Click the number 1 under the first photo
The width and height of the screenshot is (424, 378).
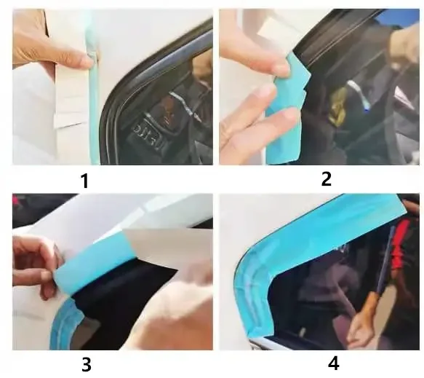coord(84,180)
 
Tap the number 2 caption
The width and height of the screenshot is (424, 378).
coord(327,178)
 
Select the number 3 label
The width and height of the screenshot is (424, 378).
coord(86,364)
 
